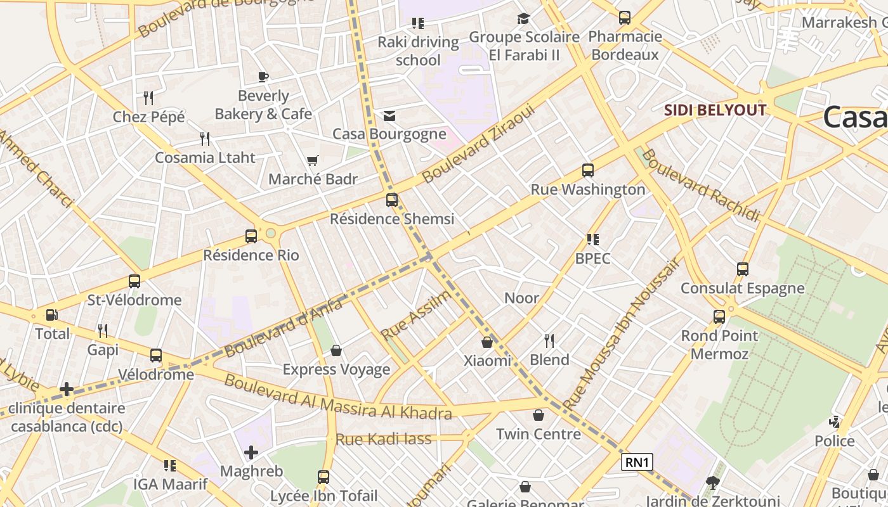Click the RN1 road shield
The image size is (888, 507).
coord(637,463)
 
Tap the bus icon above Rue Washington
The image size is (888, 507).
coord(588,170)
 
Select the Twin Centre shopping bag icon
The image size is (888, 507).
coord(539,415)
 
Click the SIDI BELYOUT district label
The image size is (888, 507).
coord(715,110)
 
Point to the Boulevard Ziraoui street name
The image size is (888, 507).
coord(479,144)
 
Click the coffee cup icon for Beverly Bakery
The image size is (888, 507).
coord(263,77)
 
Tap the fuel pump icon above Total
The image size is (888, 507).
coord(51,315)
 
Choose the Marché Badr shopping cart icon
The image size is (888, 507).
coord(312,161)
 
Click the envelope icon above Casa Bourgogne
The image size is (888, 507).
coord(389,116)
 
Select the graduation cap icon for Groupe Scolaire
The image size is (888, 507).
coord(523,19)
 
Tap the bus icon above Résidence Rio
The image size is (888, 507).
coord(251,236)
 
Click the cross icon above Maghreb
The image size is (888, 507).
coord(251,452)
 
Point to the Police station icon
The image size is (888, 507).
coord(835,422)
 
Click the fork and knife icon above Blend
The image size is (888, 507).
coord(549,341)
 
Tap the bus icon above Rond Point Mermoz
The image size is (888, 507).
coord(719,317)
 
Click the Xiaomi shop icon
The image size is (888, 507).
coord(487,342)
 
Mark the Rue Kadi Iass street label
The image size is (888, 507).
coord(383,439)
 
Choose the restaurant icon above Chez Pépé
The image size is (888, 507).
coord(148,98)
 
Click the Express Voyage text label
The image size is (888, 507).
coord(336,369)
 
